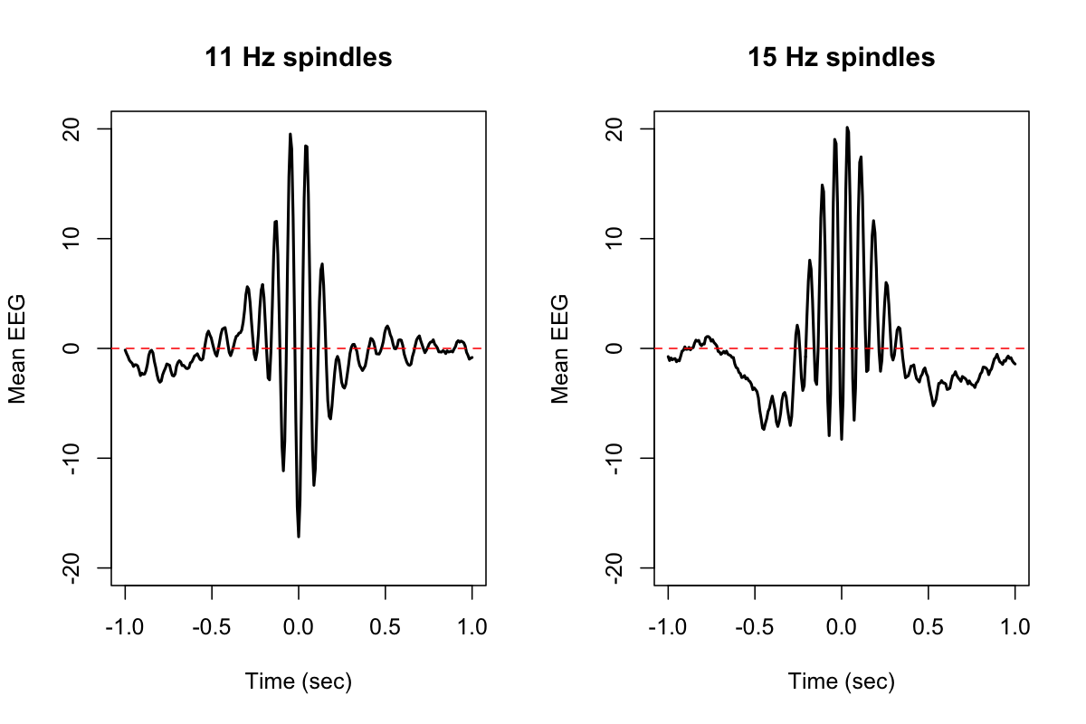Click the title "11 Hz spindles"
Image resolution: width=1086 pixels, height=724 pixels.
298,58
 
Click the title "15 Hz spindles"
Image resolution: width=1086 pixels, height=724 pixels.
841,58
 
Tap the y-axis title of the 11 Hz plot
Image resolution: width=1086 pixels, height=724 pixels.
17,348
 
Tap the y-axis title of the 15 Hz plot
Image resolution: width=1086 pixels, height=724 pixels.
560,348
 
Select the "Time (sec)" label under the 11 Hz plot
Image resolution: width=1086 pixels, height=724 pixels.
298,681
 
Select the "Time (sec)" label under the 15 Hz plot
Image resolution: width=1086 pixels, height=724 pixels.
841,681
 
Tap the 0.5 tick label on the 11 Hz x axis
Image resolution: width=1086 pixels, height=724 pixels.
386,627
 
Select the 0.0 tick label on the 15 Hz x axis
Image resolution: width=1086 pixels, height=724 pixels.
842,627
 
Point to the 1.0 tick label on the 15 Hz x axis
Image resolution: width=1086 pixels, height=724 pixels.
1015,627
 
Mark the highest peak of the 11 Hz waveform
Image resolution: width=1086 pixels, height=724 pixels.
291,134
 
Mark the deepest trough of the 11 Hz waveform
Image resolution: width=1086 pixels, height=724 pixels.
299,537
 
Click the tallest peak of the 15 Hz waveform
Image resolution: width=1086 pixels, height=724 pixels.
848,128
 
